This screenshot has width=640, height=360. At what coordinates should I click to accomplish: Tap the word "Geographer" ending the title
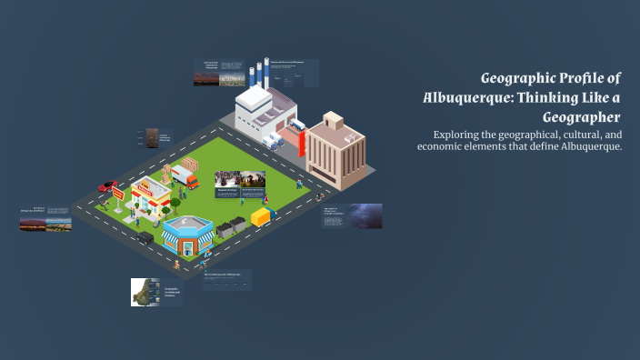(x=581, y=117)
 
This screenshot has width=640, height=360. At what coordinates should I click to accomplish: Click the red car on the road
(x=107, y=185)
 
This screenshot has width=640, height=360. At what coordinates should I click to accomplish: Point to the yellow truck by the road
(x=262, y=217)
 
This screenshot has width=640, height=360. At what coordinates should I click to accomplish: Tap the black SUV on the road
(x=145, y=237)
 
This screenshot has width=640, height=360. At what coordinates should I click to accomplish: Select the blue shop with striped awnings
(x=187, y=235)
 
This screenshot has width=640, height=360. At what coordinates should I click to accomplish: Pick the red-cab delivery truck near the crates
(x=187, y=178)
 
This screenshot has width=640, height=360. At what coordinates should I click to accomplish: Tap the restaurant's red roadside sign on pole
(x=117, y=194)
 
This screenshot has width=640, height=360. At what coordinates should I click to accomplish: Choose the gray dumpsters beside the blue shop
(x=230, y=226)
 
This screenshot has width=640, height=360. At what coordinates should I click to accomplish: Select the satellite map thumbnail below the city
(x=145, y=292)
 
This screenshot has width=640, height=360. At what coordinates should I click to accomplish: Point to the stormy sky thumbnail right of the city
(x=365, y=215)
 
